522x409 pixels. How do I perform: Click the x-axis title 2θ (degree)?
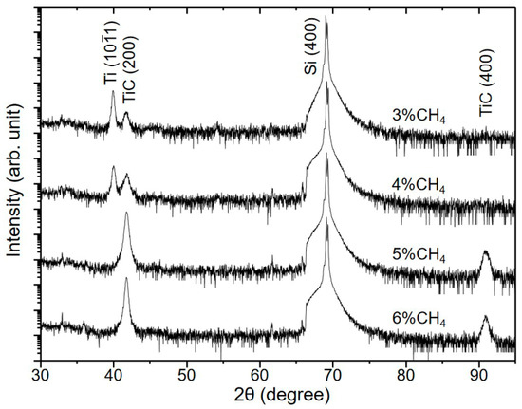pos(278,393)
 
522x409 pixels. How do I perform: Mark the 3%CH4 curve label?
pos(419,118)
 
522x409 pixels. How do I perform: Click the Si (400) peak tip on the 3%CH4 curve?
pos(326,17)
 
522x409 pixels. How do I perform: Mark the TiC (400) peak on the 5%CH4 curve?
pos(486,251)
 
